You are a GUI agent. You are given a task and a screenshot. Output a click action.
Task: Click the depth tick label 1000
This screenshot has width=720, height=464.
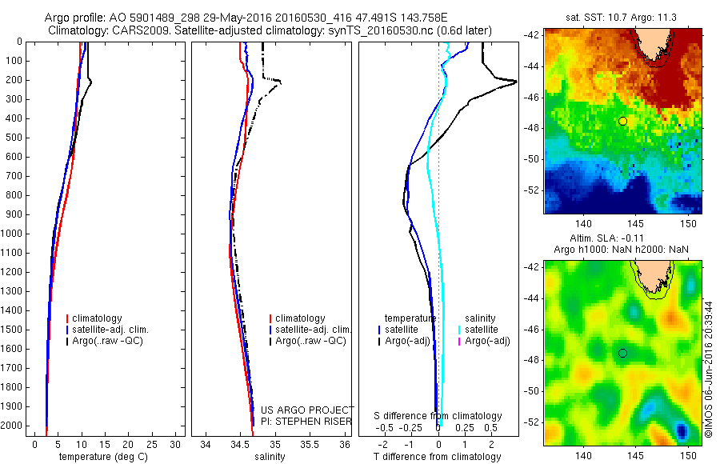click(x=14, y=234)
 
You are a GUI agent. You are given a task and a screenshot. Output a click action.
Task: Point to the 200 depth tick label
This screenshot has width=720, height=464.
click(x=16, y=80)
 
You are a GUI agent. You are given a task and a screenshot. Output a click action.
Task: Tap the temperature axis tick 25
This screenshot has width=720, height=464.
click(x=153, y=444)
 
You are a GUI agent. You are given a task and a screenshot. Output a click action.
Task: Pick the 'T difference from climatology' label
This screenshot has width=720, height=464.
click(x=437, y=457)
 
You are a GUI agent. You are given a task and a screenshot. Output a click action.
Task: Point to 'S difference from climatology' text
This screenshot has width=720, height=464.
click(x=438, y=416)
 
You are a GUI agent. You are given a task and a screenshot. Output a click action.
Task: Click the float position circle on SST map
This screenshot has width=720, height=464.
click(x=622, y=121)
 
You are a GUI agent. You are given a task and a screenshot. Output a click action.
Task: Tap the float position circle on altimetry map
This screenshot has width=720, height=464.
click(x=622, y=353)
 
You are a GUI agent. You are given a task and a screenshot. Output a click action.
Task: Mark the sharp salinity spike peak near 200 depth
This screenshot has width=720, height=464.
click(x=280, y=81)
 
